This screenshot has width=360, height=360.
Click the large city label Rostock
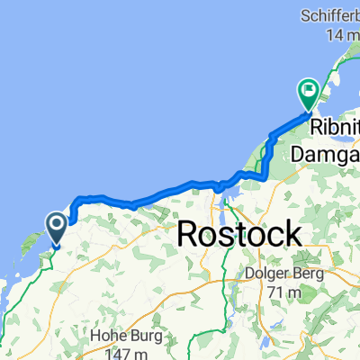(239, 233)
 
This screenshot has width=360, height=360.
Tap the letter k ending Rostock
(292, 233)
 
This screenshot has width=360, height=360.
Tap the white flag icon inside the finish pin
(309, 88)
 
